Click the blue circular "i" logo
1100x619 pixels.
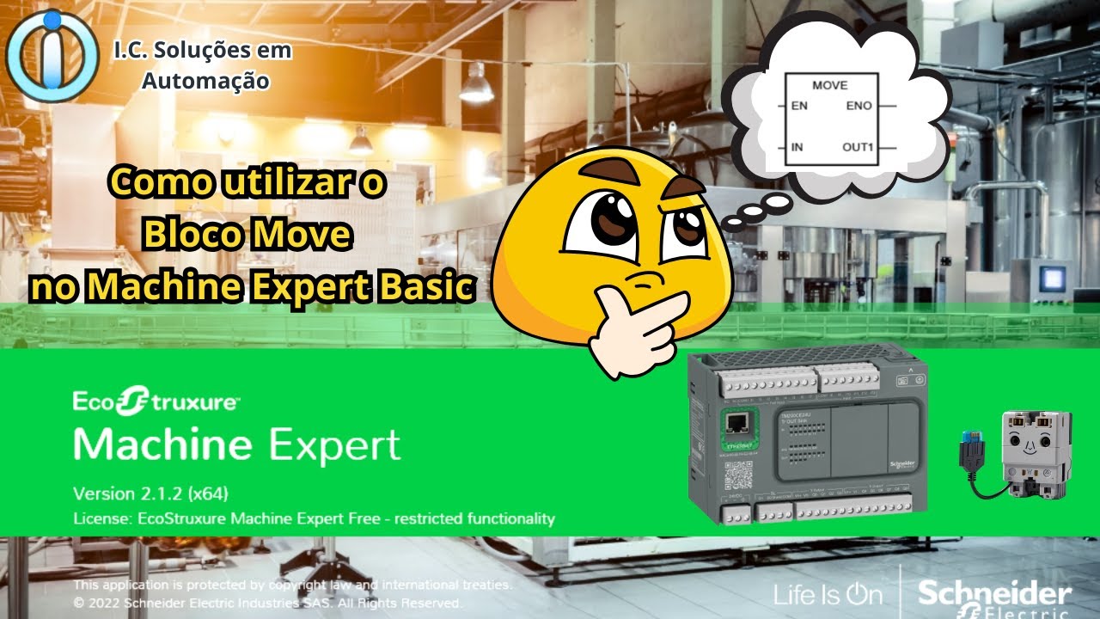[x=52, y=55]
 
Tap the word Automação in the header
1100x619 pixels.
[x=205, y=81]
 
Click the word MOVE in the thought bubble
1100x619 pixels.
[x=829, y=85]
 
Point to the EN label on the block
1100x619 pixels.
[x=798, y=106]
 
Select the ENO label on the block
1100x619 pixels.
[x=859, y=106]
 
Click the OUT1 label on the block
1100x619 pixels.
[x=857, y=147]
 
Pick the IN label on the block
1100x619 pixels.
[x=797, y=147]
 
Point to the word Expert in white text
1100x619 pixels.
[x=335, y=445]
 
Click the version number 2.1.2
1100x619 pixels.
[x=156, y=493]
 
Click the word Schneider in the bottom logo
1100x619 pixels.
[x=994, y=593]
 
